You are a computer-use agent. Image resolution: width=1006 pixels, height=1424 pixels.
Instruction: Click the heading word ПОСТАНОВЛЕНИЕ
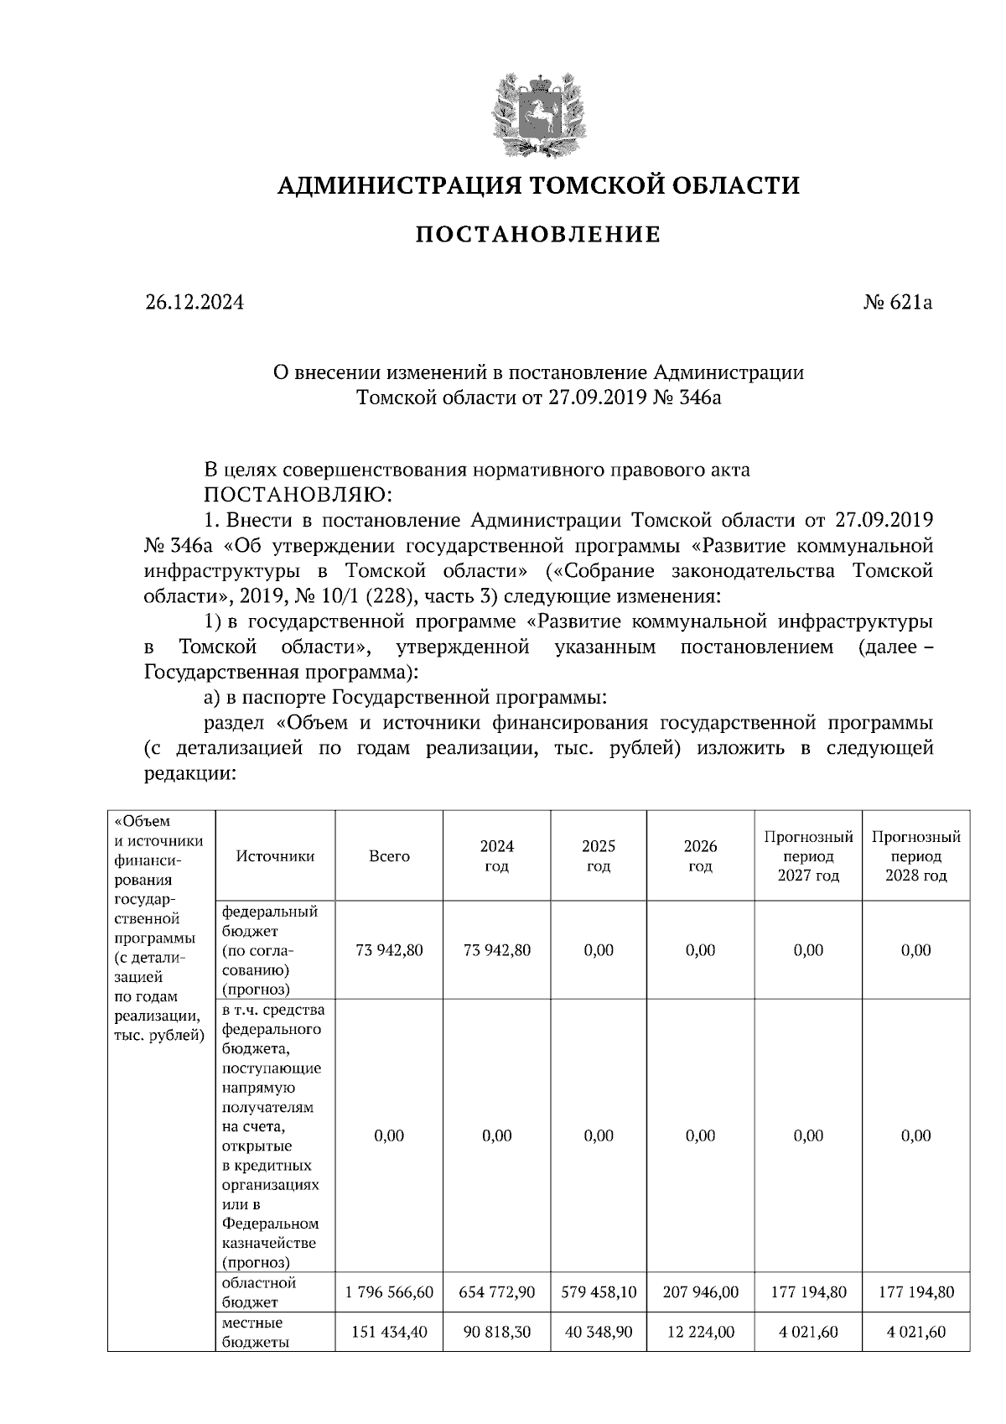tap(538, 234)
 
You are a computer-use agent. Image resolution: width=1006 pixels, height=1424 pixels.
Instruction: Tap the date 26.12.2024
tap(194, 303)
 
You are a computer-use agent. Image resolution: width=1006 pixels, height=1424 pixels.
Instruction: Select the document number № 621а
tap(898, 303)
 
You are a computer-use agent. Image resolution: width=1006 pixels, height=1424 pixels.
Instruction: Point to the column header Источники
tap(275, 856)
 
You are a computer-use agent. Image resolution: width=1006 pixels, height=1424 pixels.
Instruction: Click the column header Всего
tap(389, 856)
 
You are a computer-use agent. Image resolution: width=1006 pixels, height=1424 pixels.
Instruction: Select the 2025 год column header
tap(599, 856)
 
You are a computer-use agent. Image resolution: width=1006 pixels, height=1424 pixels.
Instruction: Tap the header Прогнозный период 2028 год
tap(915, 856)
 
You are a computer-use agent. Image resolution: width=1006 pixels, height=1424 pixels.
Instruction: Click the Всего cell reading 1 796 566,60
tap(389, 1292)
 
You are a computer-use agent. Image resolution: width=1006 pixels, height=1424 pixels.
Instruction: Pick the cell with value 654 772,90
tap(497, 1292)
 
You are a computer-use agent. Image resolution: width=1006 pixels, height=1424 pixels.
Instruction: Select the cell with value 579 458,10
tap(599, 1292)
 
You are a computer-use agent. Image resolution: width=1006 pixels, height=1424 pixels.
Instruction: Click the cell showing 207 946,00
tap(700, 1292)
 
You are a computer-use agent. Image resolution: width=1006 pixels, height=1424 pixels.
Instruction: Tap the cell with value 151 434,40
tap(389, 1332)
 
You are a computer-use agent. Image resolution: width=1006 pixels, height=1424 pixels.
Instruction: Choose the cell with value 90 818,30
tap(497, 1332)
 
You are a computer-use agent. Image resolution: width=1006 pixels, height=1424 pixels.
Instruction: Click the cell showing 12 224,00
tap(700, 1332)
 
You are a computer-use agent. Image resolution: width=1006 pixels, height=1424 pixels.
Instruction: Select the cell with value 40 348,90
tap(599, 1332)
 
